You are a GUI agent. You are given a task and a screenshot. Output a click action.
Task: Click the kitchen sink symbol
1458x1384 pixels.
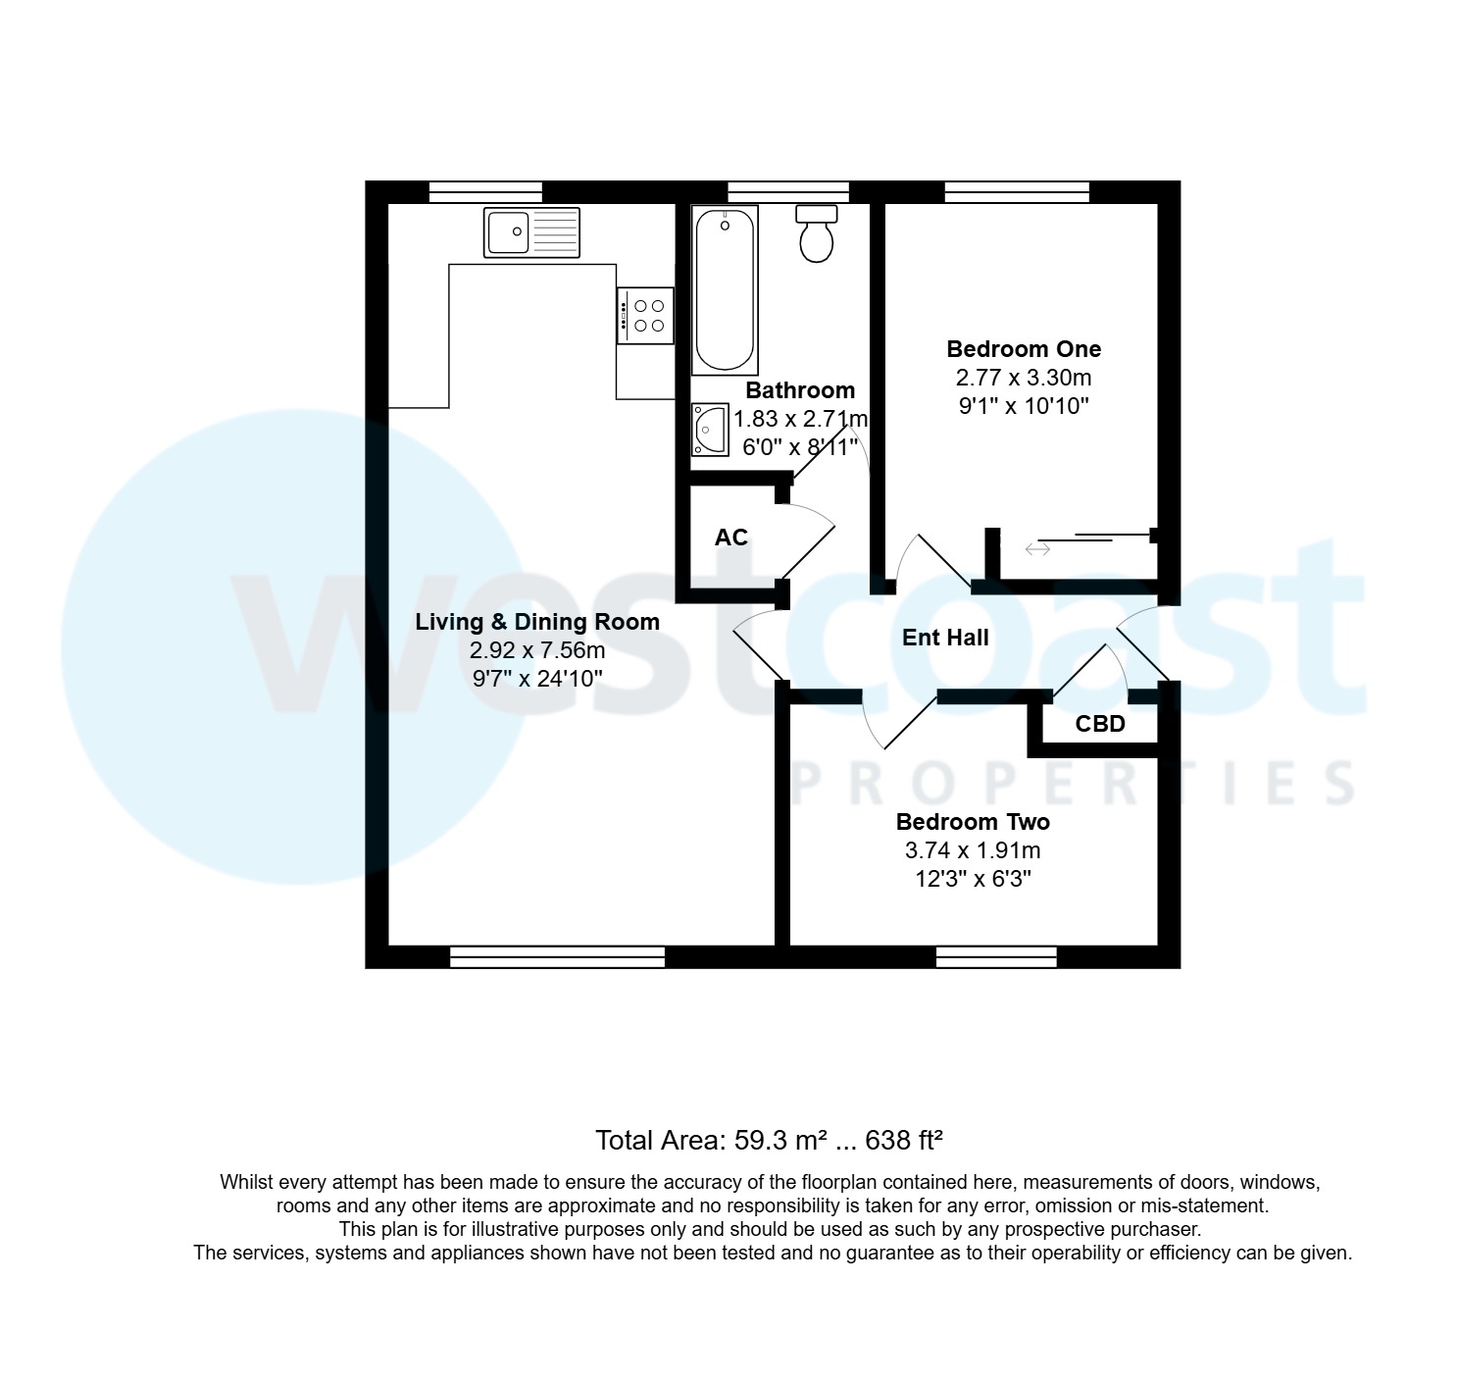point(531,232)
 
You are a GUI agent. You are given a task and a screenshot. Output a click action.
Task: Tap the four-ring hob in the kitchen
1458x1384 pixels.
point(645,315)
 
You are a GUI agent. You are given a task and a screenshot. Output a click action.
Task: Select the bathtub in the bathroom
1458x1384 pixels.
point(725,289)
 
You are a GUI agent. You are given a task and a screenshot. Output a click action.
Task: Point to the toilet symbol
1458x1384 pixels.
point(816,234)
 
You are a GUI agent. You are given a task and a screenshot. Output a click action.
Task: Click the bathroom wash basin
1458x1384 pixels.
point(710,430)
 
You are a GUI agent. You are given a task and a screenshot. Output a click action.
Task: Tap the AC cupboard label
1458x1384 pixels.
point(730,538)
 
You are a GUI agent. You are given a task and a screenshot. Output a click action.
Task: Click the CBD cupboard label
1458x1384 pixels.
point(1099,725)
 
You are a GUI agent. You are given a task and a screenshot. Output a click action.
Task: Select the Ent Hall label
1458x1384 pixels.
point(945,638)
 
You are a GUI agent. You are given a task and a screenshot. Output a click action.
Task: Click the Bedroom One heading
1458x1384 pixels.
point(1024,349)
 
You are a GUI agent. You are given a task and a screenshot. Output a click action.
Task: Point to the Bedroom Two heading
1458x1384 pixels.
point(973,822)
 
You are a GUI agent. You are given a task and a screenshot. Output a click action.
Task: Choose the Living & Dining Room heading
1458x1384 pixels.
point(537,622)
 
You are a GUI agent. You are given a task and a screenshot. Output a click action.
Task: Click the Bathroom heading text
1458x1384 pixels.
point(800,390)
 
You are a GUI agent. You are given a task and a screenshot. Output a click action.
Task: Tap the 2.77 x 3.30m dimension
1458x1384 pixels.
point(1024,378)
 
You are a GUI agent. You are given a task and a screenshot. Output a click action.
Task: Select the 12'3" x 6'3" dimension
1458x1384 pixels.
point(973,879)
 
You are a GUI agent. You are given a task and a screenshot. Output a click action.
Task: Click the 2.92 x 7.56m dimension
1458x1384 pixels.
point(537,650)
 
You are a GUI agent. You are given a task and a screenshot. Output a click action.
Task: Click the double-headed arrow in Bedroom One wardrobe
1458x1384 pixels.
point(1037,549)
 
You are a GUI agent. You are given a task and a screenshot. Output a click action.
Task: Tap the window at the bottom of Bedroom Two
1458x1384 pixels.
point(996,956)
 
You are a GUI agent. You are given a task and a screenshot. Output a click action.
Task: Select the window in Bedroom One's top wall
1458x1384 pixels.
point(1017,192)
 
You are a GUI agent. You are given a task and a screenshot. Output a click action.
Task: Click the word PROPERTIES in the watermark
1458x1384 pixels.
point(1073,784)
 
